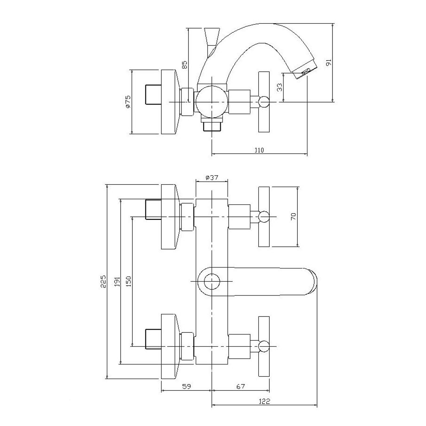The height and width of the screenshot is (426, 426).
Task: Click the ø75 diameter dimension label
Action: point(128,102)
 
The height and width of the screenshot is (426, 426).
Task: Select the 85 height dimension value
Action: point(185,65)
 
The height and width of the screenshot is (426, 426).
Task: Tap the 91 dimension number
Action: point(329,62)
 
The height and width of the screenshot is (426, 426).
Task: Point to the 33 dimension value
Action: point(280,87)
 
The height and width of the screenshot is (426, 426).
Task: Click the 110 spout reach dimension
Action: point(259,150)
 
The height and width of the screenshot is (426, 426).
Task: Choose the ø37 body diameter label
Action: point(212,177)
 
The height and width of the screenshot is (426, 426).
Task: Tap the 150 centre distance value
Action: point(128,281)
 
